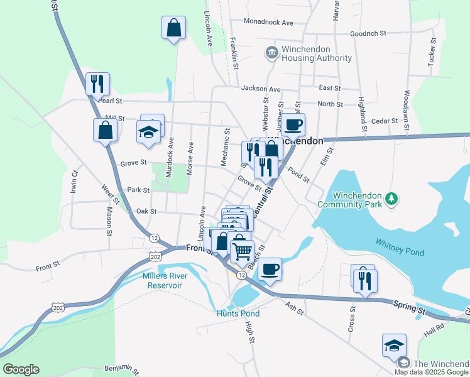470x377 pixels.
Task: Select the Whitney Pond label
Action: (x=400, y=247)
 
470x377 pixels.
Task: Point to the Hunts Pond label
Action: (x=238, y=314)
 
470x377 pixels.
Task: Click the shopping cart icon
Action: (x=242, y=251)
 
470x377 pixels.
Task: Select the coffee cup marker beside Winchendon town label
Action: (x=293, y=124)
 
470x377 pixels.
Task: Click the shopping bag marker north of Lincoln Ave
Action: (x=173, y=28)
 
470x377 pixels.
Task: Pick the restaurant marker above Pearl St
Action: (x=97, y=84)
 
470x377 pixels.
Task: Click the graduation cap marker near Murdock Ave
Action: (x=148, y=131)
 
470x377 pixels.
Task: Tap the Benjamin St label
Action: (x=121, y=367)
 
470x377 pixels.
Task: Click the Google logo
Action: (x=21, y=369)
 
